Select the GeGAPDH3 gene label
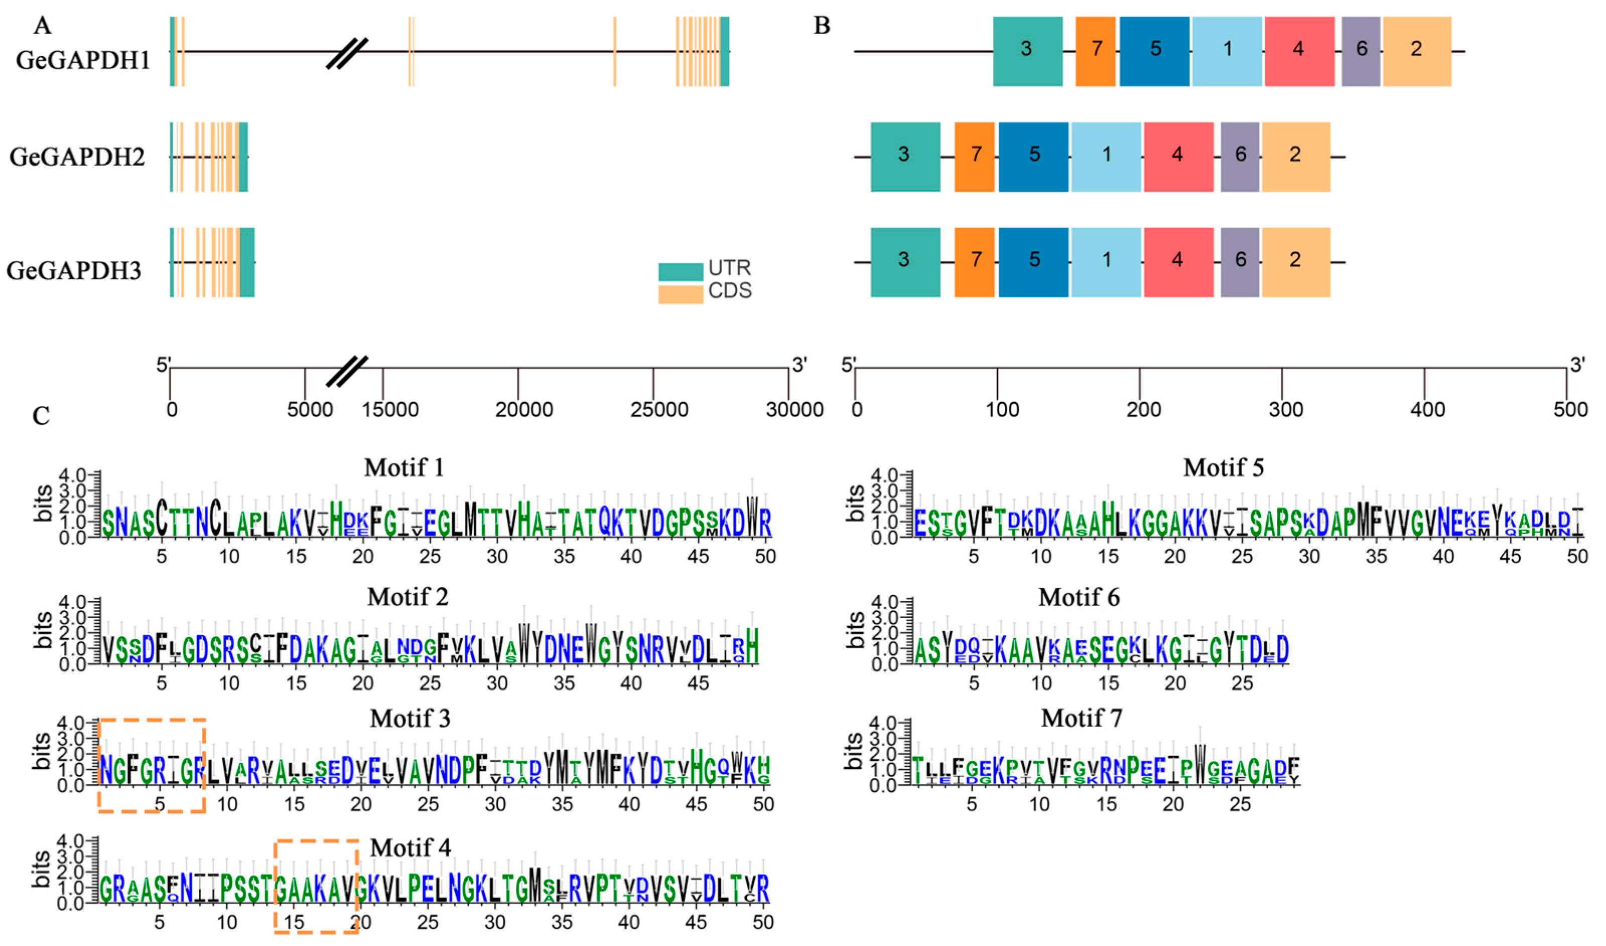pyautogui.click(x=74, y=271)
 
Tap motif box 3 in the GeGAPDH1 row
pyautogui.click(x=1027, y=51)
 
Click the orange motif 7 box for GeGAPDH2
pyautogui.click(x=975, y=157)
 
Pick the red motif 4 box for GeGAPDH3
pyautogui.click(x=1178, y=262)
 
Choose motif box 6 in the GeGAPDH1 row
pyautogui.click(x=1361, y=51)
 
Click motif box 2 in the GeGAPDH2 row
pyautogui.click(x=1296, y=157)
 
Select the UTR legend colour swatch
pyautogui.click(x=680, y=272)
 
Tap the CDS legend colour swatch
pyautogui.click(x=680, y=294)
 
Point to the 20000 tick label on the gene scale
pyautogui.click(x=524, y=410)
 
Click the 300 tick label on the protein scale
pyautogui.click(x=1285, y=410)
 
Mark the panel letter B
pyautogui.click(x=822, y=26)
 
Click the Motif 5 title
pyautogui.click(x=1224, y=468)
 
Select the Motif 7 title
pyautogui.click(x=1081, y=719)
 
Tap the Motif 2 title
pyautogui.click(x=408, y=598)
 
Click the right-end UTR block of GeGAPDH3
pyautogui.click(x=247, y=262)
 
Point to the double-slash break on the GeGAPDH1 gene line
pyautogui.click(x=347, y=53)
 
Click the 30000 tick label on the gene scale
pyautogui.click(x=794, y=410)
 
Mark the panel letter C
pyautogui.click(x=42, y=416)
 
